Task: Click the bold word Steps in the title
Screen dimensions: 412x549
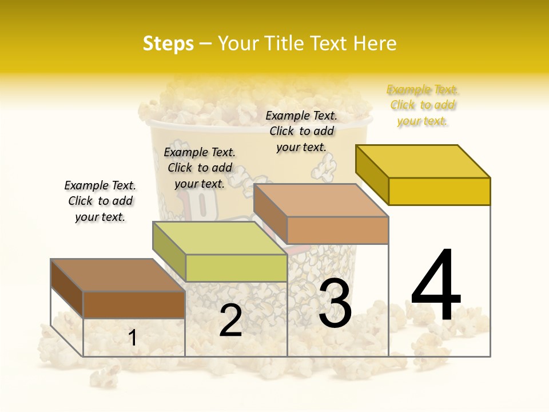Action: point(168,43)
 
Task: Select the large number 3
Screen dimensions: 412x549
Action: point(335,303)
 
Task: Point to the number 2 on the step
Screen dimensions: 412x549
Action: point(230,320)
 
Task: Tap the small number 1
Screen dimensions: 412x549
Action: point(132,338)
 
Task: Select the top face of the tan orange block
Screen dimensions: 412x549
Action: point(321,200)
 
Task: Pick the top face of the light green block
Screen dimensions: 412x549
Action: point(220,238)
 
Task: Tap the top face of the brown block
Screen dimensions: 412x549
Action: point(118,275)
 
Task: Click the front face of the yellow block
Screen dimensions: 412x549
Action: point(439,191)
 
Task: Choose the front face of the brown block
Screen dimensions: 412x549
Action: point(134,304)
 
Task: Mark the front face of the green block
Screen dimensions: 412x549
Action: point(236,268)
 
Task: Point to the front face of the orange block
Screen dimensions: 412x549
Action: point(337,230)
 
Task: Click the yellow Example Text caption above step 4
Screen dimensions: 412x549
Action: point(422,105)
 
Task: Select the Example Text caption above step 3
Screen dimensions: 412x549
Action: point(301,131)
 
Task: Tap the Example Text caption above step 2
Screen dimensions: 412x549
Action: point(200,168)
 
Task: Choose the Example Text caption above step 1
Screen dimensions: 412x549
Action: point(100,201)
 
